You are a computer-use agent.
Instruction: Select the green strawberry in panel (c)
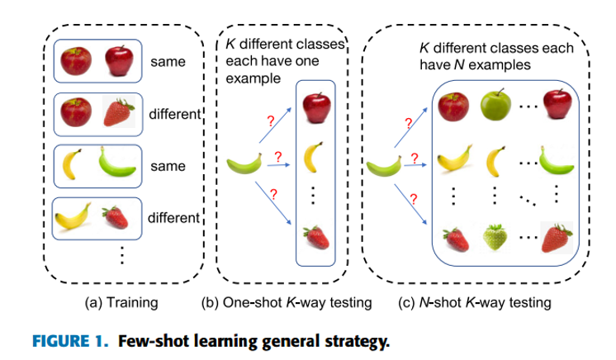pos(495,239)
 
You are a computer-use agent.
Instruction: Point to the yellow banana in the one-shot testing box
pos(314,154)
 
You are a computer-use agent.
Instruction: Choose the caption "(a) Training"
pos(121,303)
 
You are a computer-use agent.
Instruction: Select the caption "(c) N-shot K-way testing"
pos(473,303)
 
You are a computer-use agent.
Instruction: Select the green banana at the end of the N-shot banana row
pos(555,157)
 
